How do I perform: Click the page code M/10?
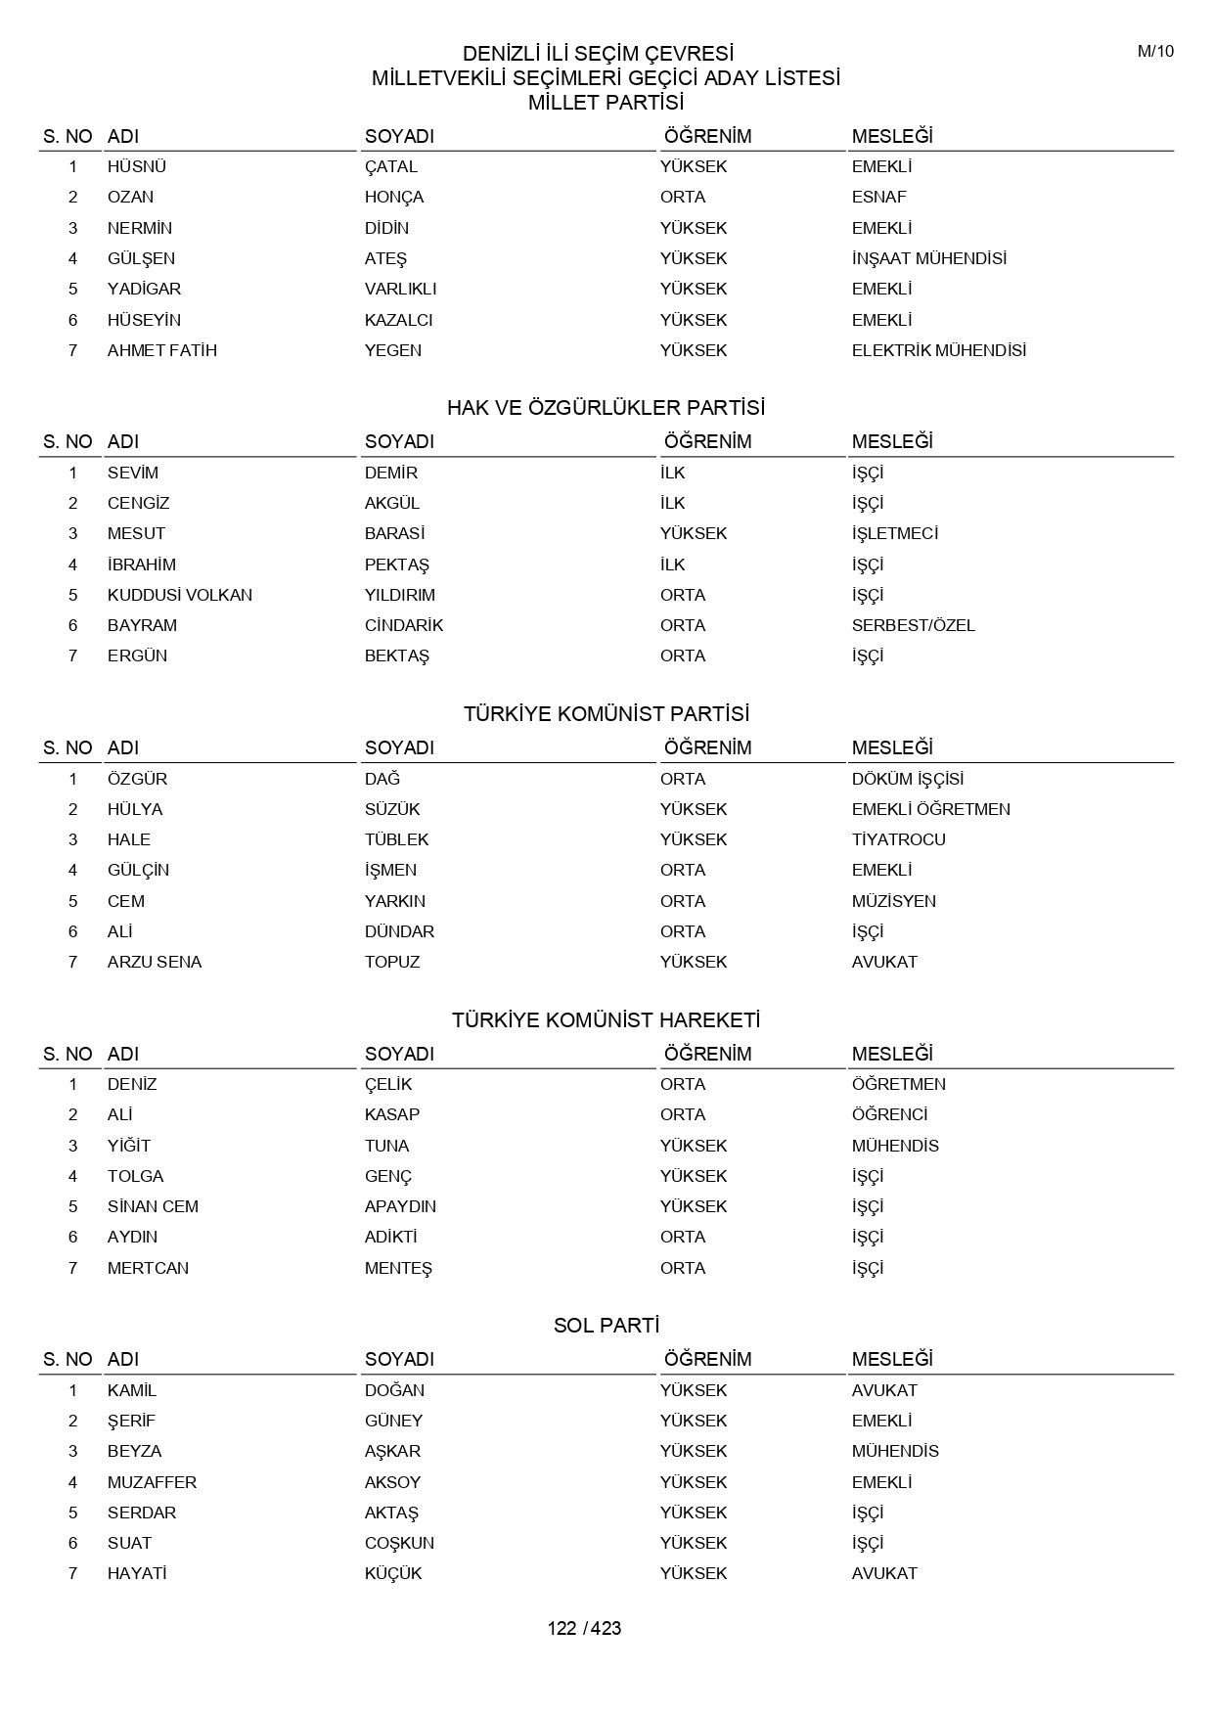[1155, 52]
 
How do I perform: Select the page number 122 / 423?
[584, 1628]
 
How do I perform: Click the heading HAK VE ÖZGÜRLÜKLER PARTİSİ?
[606, 408]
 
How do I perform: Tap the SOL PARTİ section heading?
[606, 1326]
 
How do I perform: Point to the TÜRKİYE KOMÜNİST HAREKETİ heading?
[606, 1020]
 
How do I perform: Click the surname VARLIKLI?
[400, 289]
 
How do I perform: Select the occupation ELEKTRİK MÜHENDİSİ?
[938, 350]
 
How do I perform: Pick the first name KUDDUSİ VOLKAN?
[179, 595]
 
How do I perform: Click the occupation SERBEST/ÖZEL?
[913, 625]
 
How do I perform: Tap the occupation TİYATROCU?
[898, 839]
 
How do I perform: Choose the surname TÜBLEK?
[396, 839]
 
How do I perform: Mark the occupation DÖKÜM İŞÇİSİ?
[907, 779]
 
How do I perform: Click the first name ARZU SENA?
[154, 962]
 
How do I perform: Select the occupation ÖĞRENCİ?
[889, 1114]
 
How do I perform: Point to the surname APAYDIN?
[400, 1206]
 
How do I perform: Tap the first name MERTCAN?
[148, 1268]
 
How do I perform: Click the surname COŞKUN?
[399, 1543]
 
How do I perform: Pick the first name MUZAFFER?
[152, 1482]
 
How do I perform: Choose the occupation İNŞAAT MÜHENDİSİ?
[928, 258]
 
